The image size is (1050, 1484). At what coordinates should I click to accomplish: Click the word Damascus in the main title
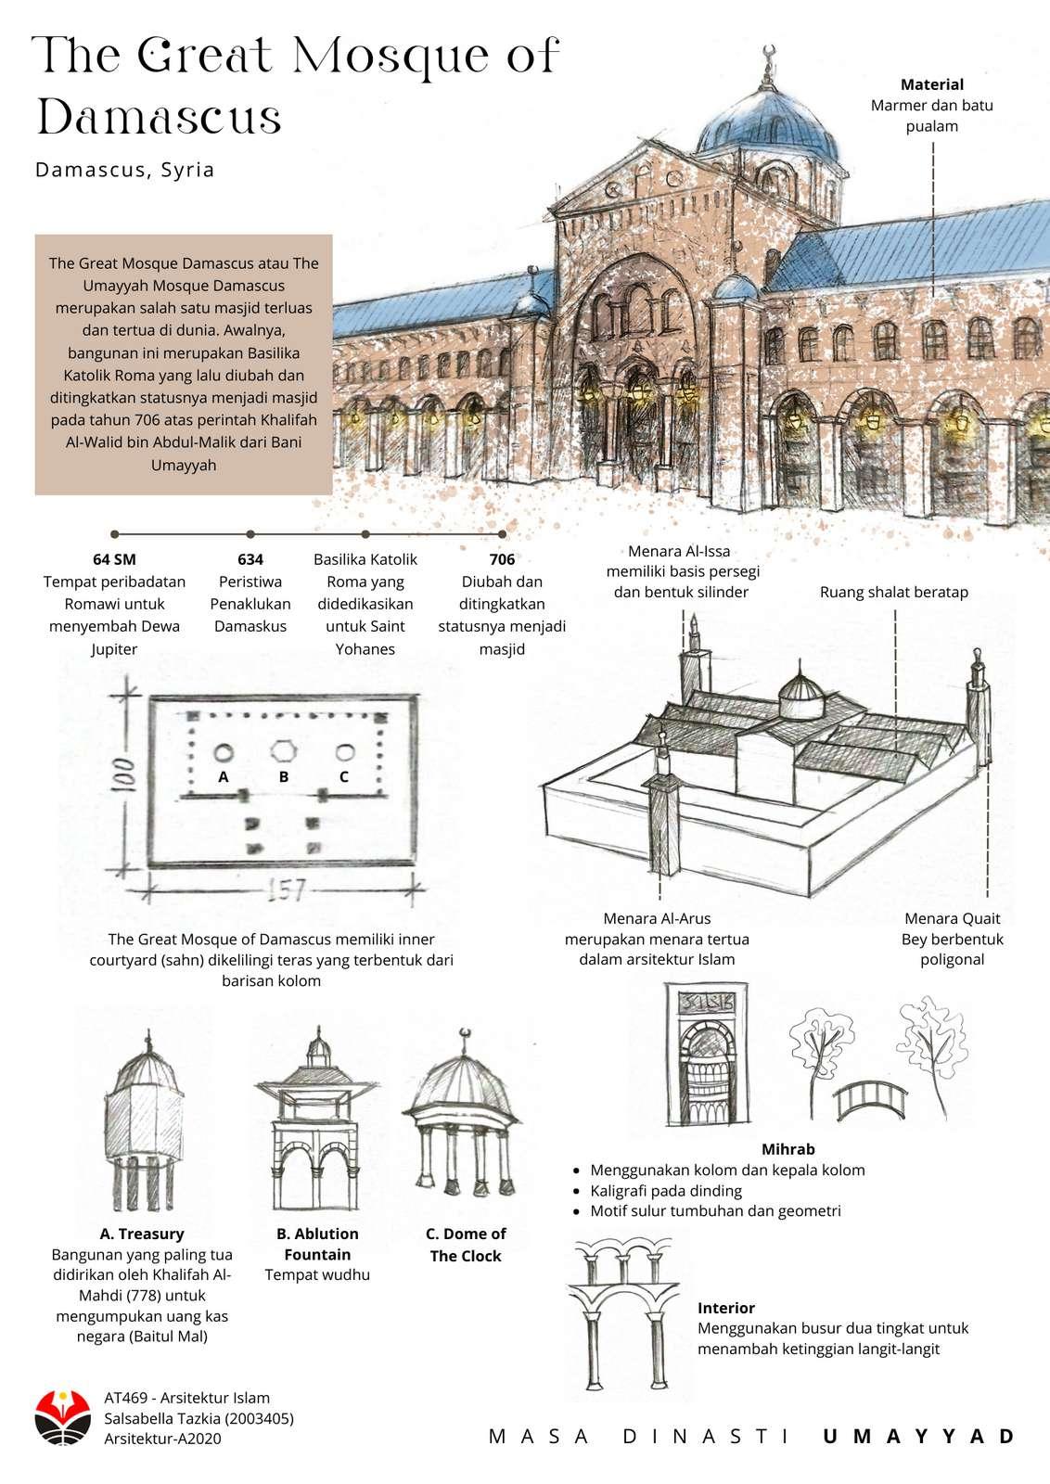point(159,119)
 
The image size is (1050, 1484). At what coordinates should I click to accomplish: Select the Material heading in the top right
point(931,84)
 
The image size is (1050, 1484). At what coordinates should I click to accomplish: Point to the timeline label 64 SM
point(114,559)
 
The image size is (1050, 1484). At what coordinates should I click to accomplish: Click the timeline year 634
point(250,559)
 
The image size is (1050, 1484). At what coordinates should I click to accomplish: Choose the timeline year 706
point(502,559)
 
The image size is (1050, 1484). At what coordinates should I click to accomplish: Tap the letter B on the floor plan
point(284,776)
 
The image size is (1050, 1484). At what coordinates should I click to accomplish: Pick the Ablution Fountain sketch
point(316,1123)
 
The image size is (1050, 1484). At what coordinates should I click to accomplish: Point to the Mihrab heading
point(787,1149)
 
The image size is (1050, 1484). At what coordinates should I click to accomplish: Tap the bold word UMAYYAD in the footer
point(919,1437)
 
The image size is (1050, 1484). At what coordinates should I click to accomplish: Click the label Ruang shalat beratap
point(893,592)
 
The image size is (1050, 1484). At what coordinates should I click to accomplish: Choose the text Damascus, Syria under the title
point(125,170)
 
